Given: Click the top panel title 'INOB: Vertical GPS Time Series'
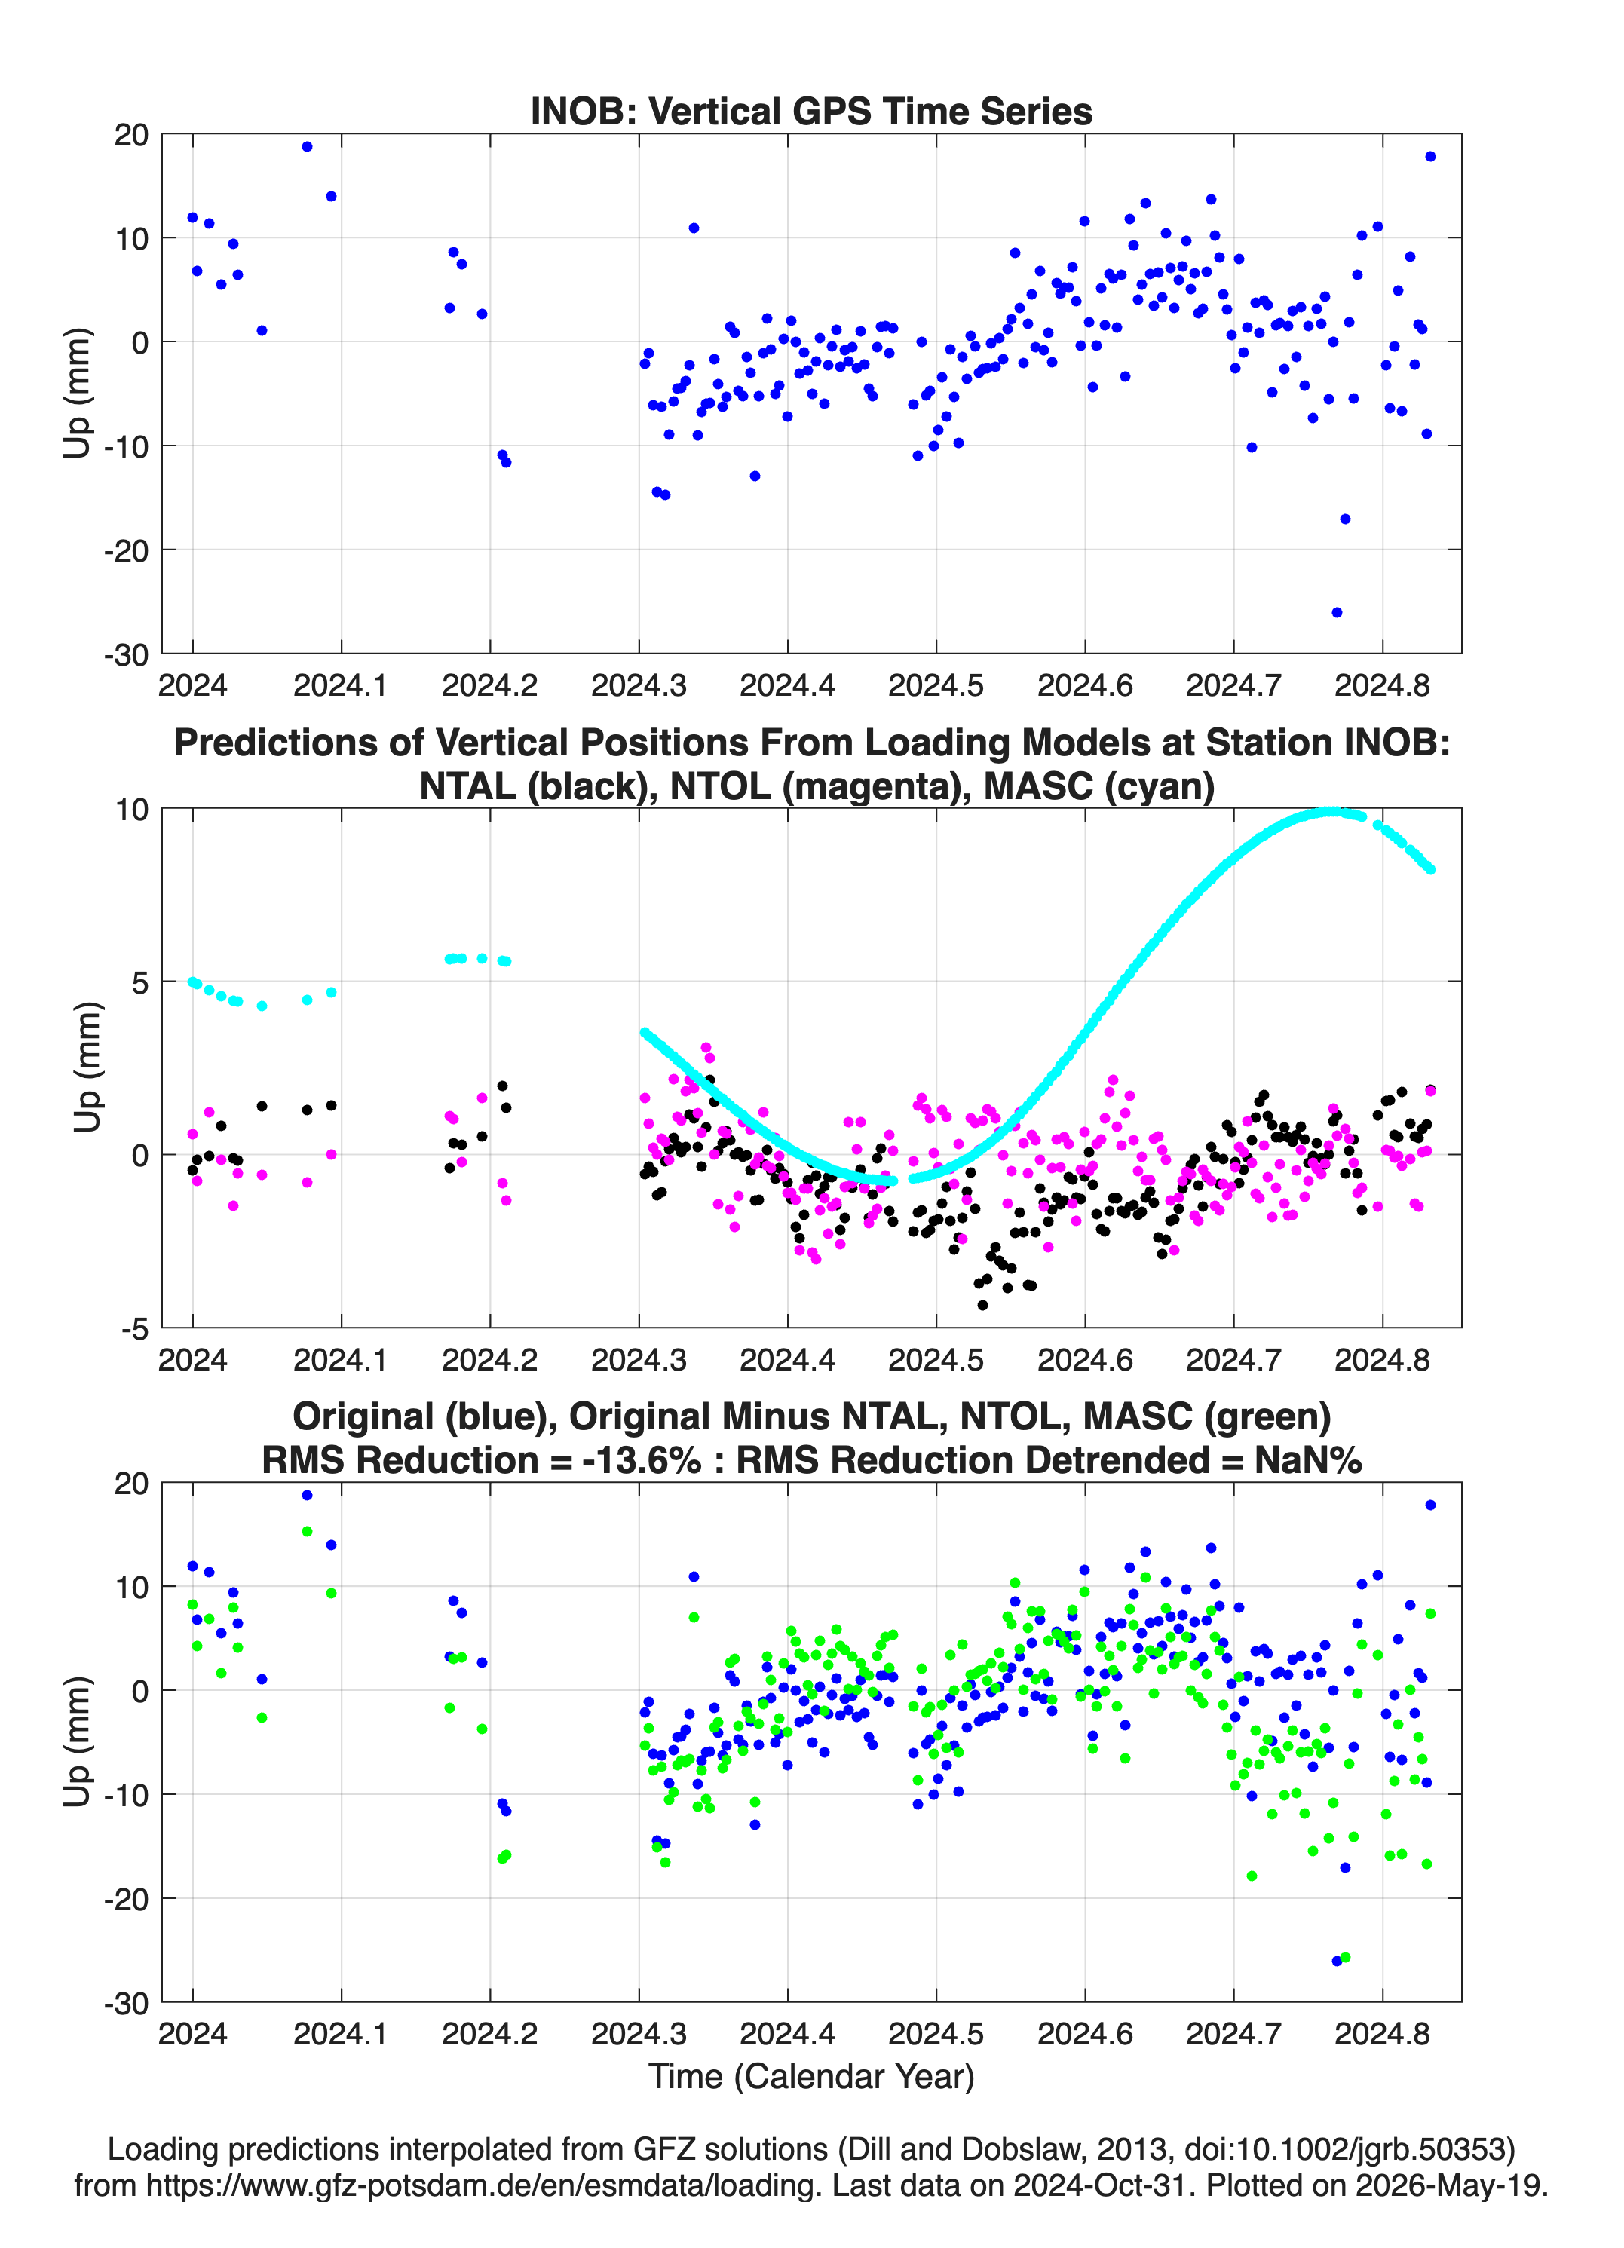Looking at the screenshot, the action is coord(811,111).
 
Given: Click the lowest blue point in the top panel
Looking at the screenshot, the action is coord(1337,613).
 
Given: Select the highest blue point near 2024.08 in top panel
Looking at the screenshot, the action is coord(308,147).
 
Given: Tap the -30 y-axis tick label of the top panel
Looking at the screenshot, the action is coord(127,655).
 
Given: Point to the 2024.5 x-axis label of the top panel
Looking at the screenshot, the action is coord(936,685).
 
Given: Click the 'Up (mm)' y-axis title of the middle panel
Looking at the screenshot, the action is coord(87,1067).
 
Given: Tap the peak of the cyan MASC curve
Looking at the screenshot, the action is coord(1331,812).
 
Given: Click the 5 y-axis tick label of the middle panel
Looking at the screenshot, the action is coord(139,982).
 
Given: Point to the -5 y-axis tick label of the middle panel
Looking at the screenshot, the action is coord(135,1329).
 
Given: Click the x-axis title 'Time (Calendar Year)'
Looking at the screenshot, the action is coord(811,2075).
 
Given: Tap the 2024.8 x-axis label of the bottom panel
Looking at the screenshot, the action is coord(1382,2033).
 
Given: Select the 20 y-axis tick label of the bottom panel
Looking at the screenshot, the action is coord(131,1484).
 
